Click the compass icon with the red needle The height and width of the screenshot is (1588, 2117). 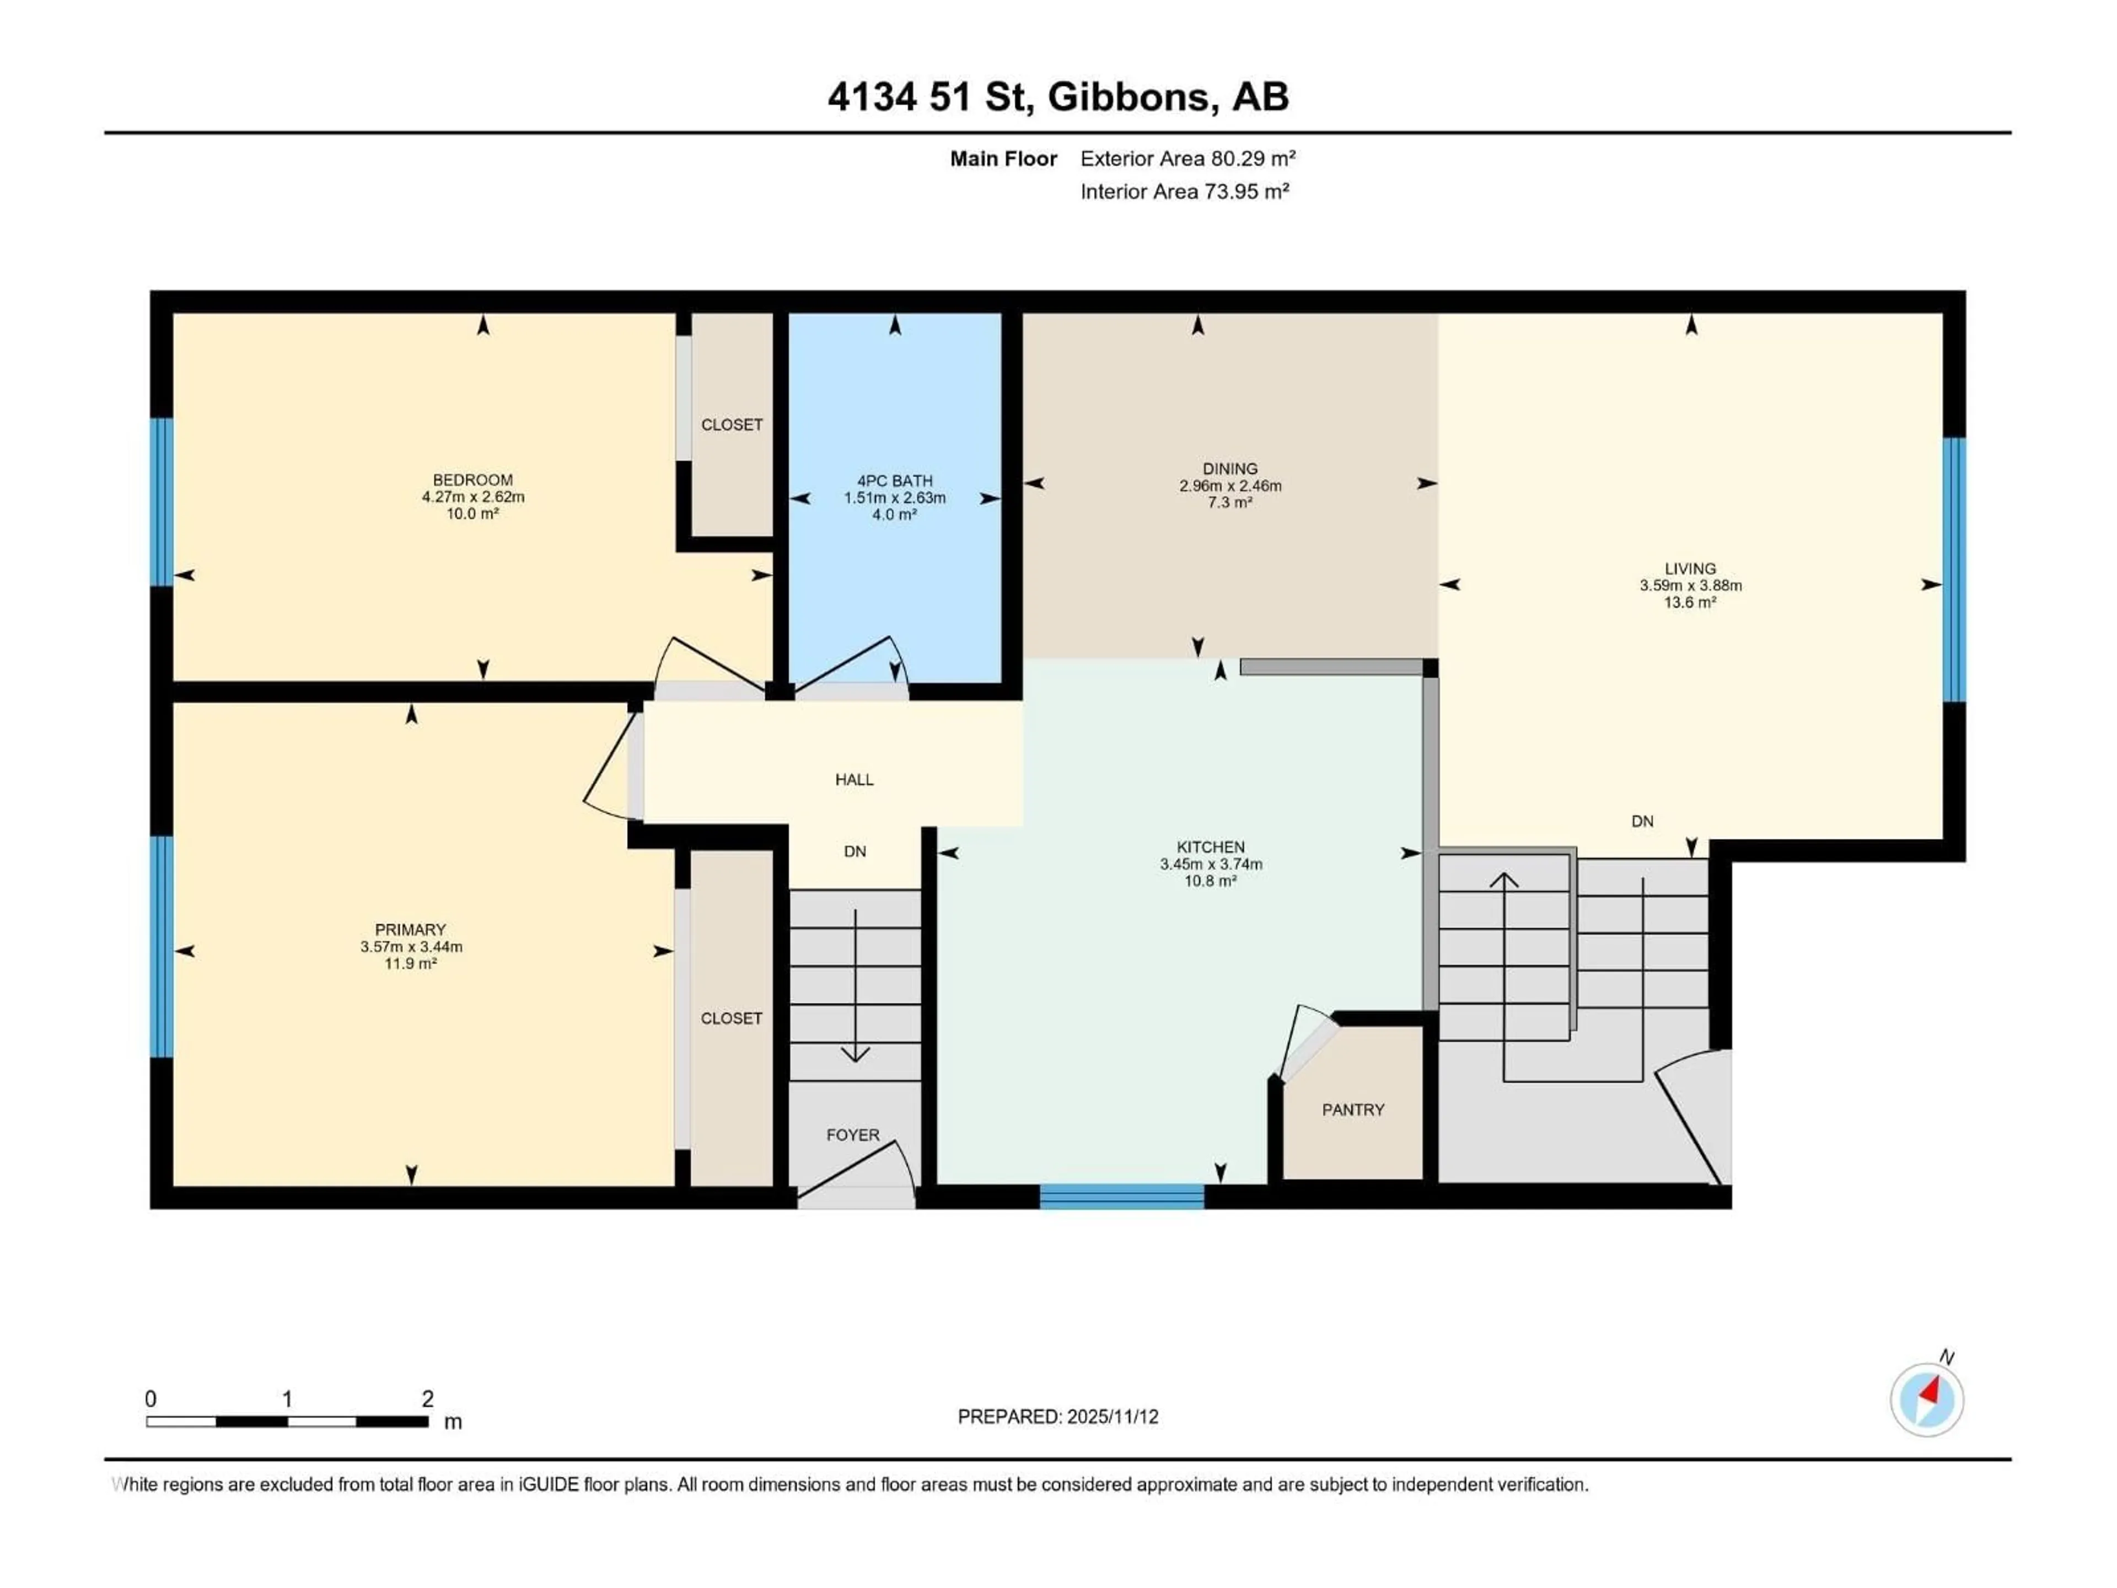[x=1927, y=1399]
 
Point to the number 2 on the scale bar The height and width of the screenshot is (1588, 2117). [x=428, y=1398]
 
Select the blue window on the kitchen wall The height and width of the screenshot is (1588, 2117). [x=1122, y=1197]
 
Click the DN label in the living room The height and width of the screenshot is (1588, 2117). [x=1642, y=821]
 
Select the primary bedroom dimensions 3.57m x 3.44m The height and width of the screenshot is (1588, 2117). [x=411, y=947]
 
